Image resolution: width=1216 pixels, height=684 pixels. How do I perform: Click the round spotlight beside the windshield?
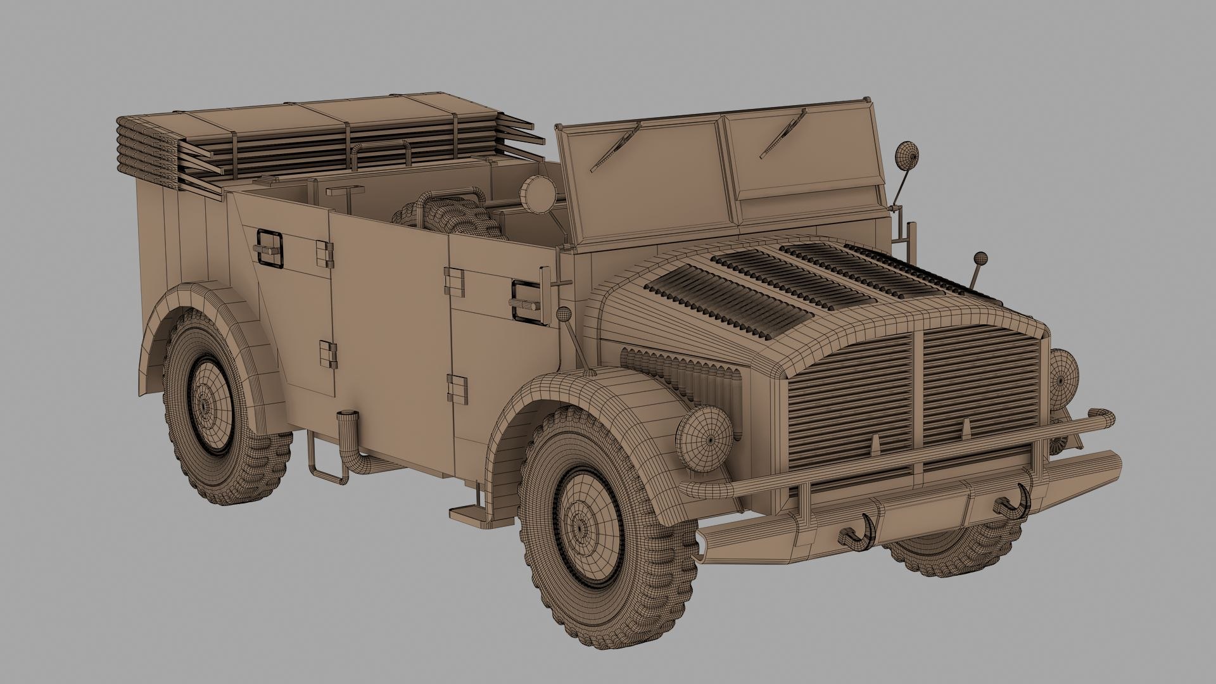click(x=537, y=191)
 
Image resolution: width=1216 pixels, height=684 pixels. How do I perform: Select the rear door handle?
click(x=269, y=248)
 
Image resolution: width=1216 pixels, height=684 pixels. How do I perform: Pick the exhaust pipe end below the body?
click(x=346, y=419)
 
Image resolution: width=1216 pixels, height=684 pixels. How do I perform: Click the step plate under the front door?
click(x=466, y=511)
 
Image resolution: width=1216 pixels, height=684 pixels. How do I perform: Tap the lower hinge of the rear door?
click(x=327, y=354)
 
